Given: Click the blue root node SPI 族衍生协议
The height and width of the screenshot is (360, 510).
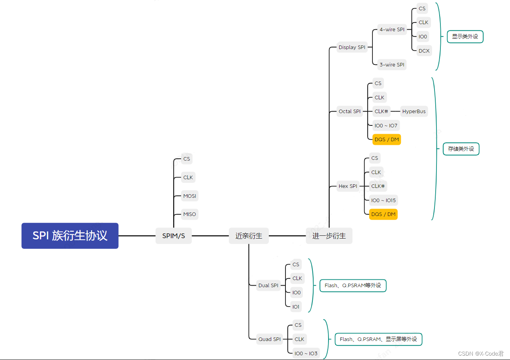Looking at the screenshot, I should pyautogui.click(x=70, y=236).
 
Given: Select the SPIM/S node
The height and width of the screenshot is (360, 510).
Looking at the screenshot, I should pyautogui.click(x=174, y=236).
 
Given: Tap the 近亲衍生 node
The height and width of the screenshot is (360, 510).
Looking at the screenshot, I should pyautogui.click(x=249, y=236).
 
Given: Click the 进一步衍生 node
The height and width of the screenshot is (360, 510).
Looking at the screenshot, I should pyautogui.click(x=329, y=236).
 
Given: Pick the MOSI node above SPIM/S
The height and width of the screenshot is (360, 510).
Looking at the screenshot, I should pyautogui.click(x=189, y=196).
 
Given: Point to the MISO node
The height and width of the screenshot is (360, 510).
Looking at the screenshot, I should pyautogui.click(x=189, y=214).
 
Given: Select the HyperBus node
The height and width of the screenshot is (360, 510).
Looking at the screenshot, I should pyautogui.click(x=414, y=111).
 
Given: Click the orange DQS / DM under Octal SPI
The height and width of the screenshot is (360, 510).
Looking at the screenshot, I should pyautogui.click(x=386, y=139).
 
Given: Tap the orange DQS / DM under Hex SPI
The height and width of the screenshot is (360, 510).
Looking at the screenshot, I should pyautogui.click(x=383, y=214).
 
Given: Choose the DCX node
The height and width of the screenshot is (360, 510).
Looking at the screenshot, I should pyautogui.click(x=424, y=51).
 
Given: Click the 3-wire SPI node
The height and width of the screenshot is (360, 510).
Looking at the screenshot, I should pyautogui.click(x=392, y=64).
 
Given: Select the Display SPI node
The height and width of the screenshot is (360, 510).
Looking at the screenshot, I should pyautogui.click(x=352, y=47).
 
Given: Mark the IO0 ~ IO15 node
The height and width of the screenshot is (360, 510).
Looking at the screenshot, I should pyautogui.click(x=383, y=200).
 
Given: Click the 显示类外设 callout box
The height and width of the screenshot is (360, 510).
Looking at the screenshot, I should pyautogui.click(x=465, y=36).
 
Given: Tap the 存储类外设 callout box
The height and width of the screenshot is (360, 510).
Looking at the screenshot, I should pyautogui.click(x=461, y=149).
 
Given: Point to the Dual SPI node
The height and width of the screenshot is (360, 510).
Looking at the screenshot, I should pyautogui.click(x=268, y=285).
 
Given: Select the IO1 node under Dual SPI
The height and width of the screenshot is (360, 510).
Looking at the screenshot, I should pyautogui.click(x=296, y=307).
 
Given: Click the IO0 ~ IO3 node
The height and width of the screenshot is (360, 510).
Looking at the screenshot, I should pyautogui.click(x=306, y=353).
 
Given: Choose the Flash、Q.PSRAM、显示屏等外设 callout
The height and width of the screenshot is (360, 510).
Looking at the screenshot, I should pyautogui.click(x=378, y=339).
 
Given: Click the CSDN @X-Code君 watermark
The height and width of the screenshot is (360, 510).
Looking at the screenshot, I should pyautogui.click(x=481, y=353).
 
